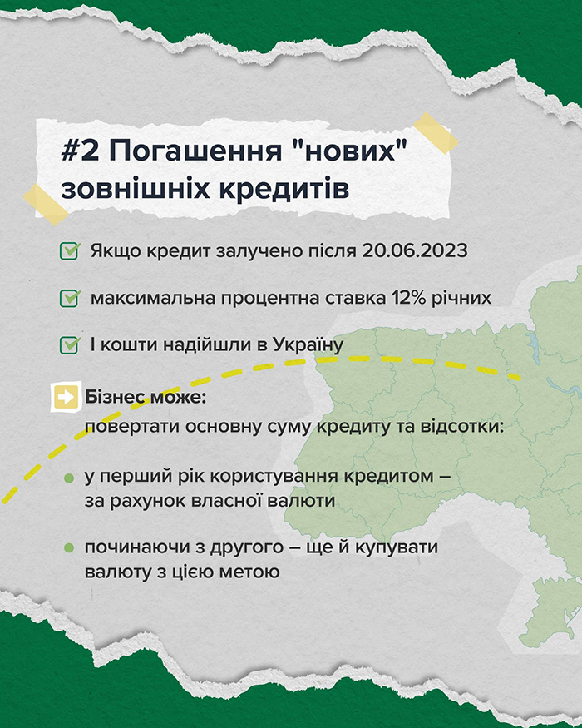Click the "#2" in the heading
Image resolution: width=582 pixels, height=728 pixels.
(80, 151)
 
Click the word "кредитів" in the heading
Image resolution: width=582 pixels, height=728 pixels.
(284, 190)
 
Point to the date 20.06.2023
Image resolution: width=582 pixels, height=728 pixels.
(415, 250)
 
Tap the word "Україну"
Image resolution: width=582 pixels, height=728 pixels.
(308, 345)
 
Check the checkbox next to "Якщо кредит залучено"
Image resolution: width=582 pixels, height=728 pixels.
(70, 250)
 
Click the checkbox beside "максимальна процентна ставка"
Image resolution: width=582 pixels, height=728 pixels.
(70, 298)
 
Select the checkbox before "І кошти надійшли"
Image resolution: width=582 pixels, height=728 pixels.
(70, 345)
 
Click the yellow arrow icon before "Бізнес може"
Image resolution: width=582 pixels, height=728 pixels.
(66, 397)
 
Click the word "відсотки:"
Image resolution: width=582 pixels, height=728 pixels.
(462, 426)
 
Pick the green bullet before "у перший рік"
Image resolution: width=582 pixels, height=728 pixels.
(69, 478)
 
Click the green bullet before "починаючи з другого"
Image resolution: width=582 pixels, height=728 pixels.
(69, 548)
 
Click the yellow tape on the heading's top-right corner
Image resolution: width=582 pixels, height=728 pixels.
(436, 133)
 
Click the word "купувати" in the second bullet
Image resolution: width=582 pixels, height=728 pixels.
(397, 547)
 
